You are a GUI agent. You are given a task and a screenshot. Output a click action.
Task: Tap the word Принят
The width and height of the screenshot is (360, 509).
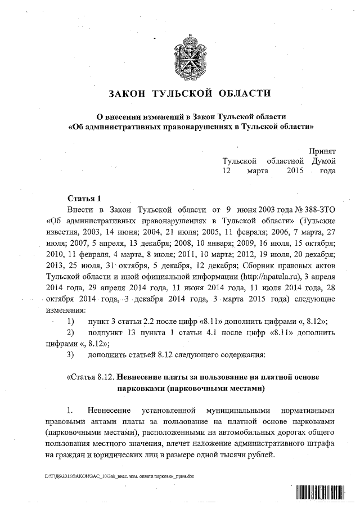click(322, 150)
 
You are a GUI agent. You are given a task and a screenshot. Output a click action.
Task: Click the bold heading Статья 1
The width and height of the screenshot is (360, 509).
click(84, 199)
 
